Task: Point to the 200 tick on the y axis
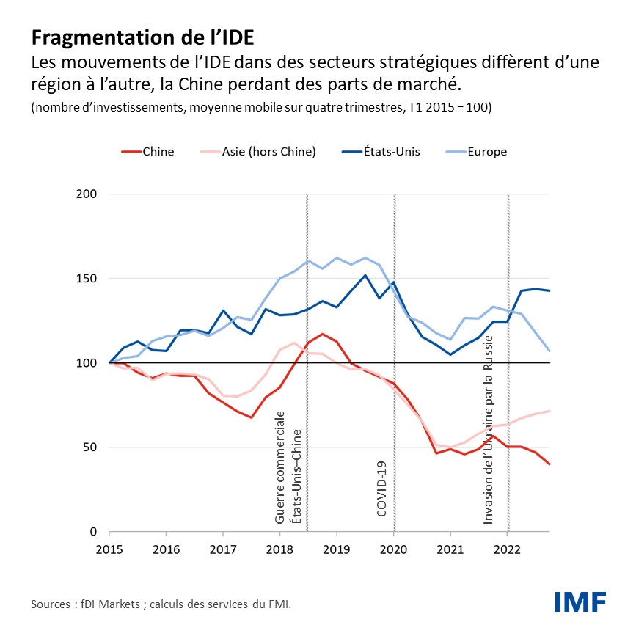[87, 194]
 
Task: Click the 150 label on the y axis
[87, 279]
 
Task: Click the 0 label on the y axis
[93, 532]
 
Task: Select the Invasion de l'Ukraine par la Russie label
[489, 429]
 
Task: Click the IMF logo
[580, 602]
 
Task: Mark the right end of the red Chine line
[549, 464]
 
